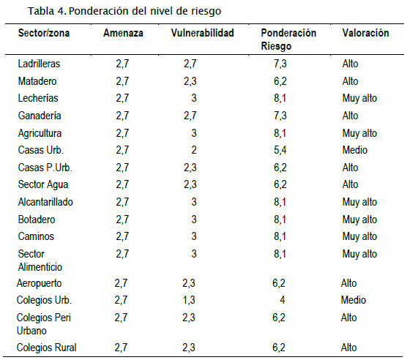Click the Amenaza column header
point(123,33)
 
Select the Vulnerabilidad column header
point(202,33)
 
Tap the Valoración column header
point(365,33)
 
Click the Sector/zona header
point(44,33)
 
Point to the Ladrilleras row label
point(39,64)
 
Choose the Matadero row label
point(37,81)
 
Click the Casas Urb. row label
point(41,150)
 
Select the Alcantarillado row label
point(45,202)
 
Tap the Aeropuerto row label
point(39,283)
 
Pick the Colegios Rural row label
point(46,348)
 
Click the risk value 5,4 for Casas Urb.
point(280,150)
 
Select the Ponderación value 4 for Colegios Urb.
point(283,300)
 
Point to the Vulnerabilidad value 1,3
point(189,300)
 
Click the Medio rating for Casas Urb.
point(355,150)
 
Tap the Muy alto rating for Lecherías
point(359,99)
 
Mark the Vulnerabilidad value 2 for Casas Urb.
point(194,150)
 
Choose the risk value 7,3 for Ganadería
point(280,116)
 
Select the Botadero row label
point(37,220)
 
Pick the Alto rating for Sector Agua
point(350,184)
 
